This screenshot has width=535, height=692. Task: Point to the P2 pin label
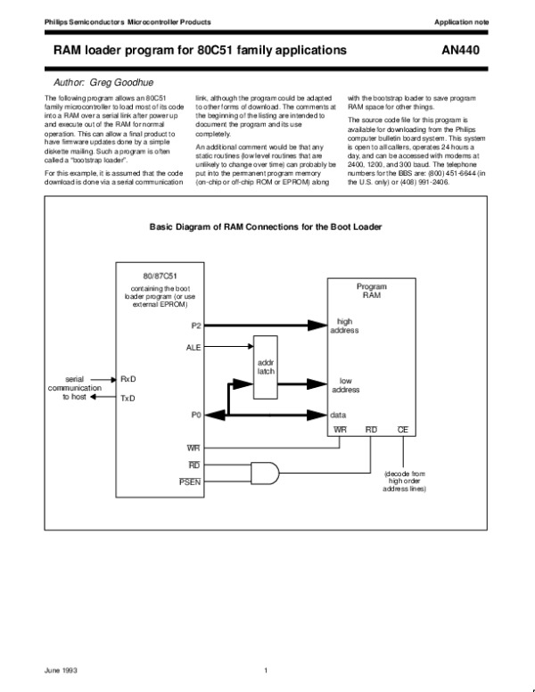pos(195,326)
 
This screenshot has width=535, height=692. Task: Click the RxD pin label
pos(128,379)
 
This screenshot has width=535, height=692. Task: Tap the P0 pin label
pos(195,416)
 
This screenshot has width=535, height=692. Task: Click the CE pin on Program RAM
pos(403,430)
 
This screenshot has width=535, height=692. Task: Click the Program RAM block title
pos(371,292)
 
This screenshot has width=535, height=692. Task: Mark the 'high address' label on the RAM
pos(346,325)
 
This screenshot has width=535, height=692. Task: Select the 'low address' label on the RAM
pos(346,385)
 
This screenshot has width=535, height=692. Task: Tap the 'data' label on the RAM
pos(339,416)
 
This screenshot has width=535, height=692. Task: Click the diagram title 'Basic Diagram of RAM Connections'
pos(266,227)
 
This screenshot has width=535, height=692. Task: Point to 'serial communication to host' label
pos(74,390)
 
